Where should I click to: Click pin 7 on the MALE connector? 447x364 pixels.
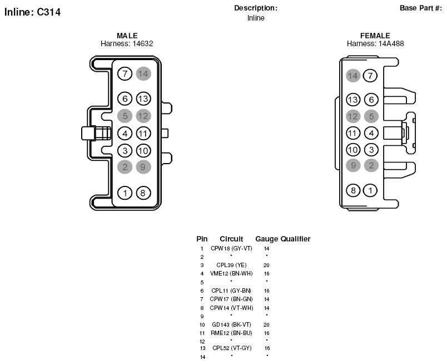click(125, 73)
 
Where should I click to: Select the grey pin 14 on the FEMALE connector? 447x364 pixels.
click(353, 76)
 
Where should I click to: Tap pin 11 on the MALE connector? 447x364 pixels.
click(143, 134)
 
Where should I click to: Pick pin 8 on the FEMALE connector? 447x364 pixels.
click(353, 190)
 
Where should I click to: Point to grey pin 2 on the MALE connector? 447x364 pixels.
click(125, 167)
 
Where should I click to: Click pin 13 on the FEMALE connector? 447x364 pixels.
click(353, 100)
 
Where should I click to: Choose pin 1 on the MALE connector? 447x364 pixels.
click(125, 193)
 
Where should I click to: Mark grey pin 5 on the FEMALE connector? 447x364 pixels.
click(371, 116)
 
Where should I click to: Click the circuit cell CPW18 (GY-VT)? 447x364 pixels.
click(231, 248)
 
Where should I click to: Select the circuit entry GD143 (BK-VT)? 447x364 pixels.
click(231, 324)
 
